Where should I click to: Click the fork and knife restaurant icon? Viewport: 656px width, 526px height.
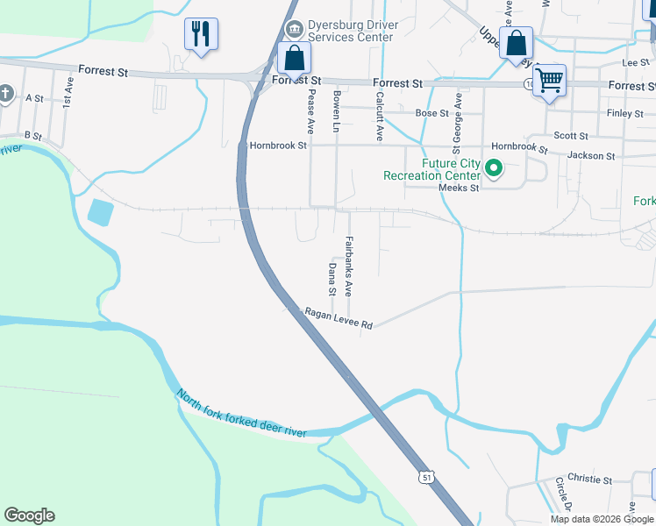[x=201, y=34]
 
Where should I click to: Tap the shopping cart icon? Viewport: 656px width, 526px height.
[x=549, y=81]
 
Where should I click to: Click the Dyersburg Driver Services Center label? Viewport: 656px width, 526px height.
[x=343, y=31]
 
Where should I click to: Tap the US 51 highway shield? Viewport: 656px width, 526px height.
[x=426, y=475]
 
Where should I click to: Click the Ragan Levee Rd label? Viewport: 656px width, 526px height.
[x=339, y=318]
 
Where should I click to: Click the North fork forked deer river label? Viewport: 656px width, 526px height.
[x=241, y=414]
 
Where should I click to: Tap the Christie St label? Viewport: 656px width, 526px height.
[x=589, y=480]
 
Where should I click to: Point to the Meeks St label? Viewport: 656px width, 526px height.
[x=459, y=188]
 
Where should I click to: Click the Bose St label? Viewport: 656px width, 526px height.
[x=431, y=113]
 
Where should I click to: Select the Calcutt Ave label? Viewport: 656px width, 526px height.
[x=380, y=116]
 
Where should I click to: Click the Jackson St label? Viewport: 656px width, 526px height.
[x=591, y=155]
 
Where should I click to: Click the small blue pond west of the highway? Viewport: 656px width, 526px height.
[x=100, y=211]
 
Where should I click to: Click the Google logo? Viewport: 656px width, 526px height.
[x=29, y=515]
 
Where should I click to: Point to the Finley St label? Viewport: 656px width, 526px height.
[x=624, y=113]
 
